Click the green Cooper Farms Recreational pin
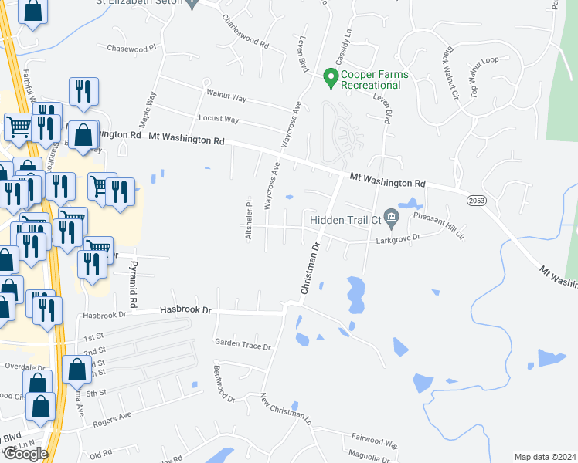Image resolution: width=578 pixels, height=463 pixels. point(331,77)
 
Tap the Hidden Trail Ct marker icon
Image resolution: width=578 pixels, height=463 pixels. point(391,219)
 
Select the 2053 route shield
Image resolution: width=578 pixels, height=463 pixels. point(476,200)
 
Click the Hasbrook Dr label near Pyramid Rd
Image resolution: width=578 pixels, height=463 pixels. point(185,309)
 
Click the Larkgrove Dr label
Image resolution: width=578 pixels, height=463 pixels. point(399,238)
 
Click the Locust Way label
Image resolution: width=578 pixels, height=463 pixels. point(219,119)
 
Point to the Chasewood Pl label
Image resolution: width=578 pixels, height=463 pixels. point(131,48)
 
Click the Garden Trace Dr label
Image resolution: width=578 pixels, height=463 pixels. point(243,346)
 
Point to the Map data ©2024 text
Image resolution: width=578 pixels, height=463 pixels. point(545,457)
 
